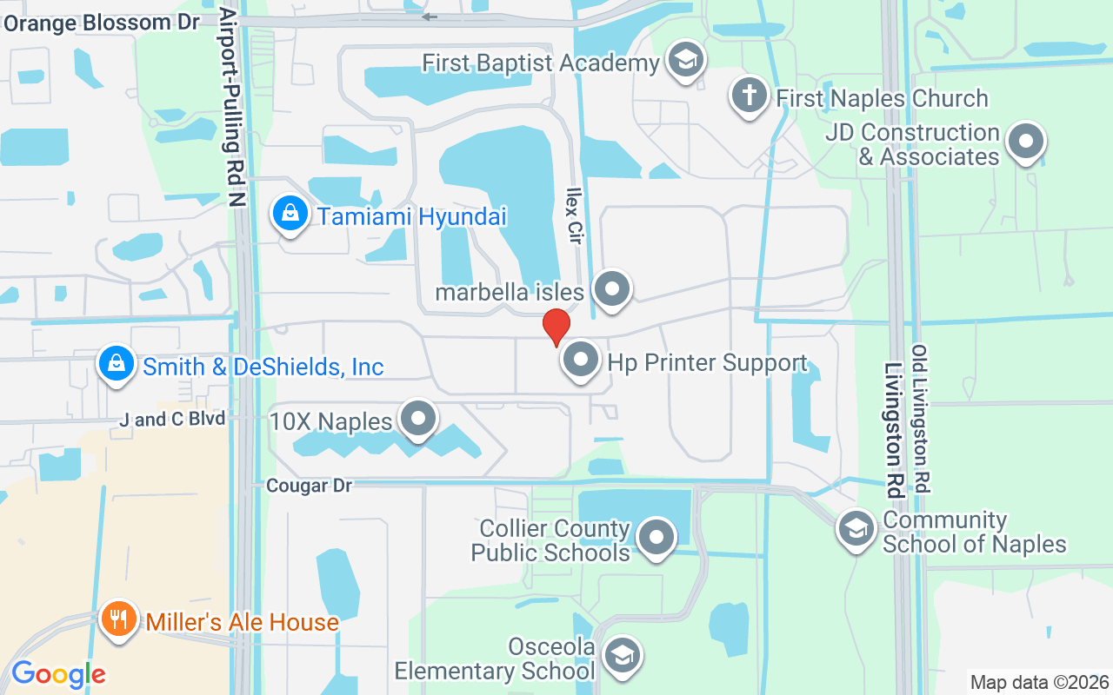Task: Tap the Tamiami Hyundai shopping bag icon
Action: [x=290, y=212]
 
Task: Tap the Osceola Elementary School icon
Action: [x=622, y=655]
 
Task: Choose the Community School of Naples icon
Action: [x=856, y=528]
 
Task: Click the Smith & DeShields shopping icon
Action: [x=117, y=363]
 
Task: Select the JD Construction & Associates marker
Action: [x=1026, y=141]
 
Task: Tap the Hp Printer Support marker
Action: [x=581, y=359]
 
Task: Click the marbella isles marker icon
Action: [x=612, y=287]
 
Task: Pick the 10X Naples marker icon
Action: [x=418, y=418]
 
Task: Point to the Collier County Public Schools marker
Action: [x=656, y=537]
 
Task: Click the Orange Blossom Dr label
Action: [x=102, y=23]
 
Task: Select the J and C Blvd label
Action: [x=173, y=420]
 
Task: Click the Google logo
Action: [x=58, y=674]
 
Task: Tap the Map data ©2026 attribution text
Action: [x=1040, y=682]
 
